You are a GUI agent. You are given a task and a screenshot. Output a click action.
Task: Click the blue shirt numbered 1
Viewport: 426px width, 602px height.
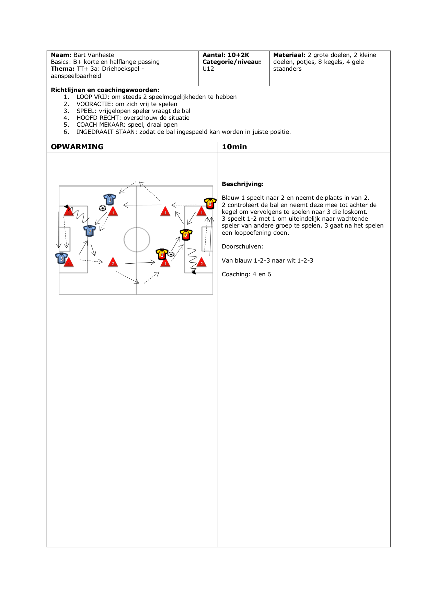[110, 199]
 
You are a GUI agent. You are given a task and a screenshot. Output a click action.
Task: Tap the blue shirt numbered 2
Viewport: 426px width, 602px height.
[90, 231]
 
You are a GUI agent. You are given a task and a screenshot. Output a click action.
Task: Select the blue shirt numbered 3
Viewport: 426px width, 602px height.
[61, 258]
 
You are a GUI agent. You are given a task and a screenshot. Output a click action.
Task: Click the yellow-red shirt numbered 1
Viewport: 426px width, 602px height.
[162, 254]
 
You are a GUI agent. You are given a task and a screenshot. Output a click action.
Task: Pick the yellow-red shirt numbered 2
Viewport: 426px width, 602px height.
[186, 235]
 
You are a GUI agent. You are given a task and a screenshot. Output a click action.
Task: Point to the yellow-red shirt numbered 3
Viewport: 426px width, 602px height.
[210, 203]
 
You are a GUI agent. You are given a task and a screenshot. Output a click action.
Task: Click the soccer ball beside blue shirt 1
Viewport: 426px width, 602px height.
[102, 208]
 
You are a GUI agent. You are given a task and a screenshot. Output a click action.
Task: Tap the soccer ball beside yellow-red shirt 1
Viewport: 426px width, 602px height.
[171, 254]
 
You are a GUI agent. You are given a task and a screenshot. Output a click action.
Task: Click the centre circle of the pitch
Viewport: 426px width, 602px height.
[137, 240]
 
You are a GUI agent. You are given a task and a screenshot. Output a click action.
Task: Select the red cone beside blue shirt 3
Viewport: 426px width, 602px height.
[69, 262]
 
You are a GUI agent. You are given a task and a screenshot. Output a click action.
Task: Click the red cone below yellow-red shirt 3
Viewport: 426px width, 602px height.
[202, 211]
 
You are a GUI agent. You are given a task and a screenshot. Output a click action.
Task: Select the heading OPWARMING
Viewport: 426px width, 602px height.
[77, 147]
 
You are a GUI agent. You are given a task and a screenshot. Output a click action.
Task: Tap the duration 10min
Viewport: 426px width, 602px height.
[234, 147]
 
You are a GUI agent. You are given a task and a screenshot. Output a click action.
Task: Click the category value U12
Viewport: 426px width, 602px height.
[208, 69]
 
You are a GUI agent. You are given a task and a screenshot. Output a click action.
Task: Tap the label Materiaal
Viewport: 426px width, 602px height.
[289, 55]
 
